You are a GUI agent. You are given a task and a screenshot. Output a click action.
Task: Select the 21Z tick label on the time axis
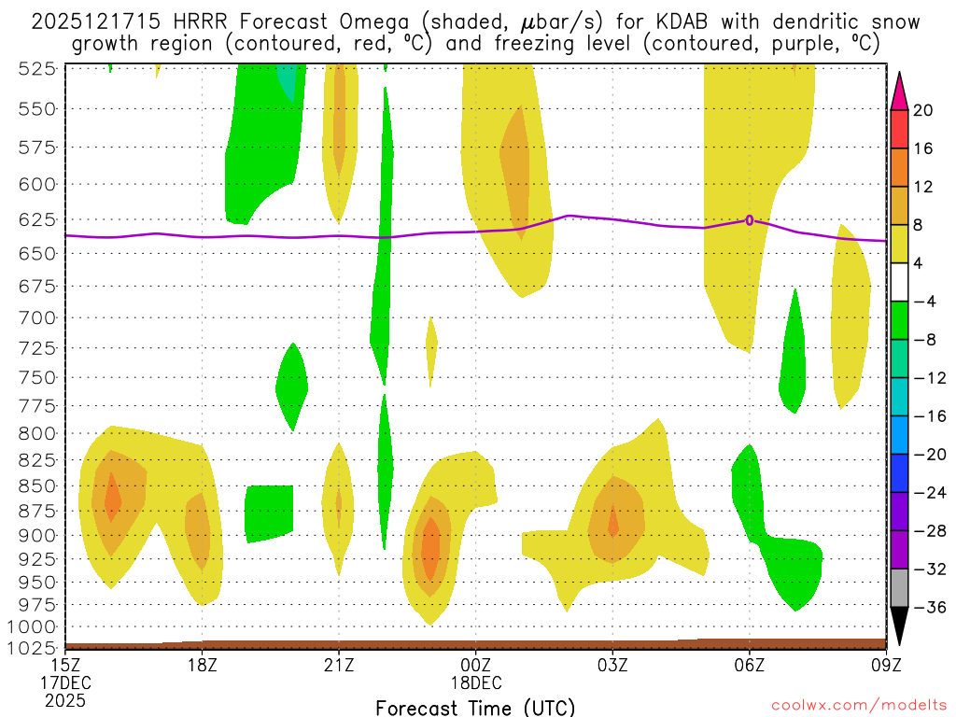click(x=339, y=665)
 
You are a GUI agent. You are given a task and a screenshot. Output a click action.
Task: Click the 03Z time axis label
click(x=612, y=665)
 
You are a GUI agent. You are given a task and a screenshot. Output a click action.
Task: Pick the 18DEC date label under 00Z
click(x=476, y=682)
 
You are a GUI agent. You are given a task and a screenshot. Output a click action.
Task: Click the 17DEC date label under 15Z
click(x=64, y=682)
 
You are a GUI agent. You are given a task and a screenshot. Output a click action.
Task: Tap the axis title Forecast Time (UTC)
click(x=475, y=707)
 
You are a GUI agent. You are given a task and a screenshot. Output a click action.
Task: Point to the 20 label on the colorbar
click(x=923, y=110)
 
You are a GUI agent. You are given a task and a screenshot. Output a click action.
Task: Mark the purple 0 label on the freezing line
click(x=750, y=220)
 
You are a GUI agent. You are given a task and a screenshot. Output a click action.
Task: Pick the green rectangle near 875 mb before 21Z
click(x=269, y=513)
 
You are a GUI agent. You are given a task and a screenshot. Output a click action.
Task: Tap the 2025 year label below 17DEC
click(x=64, y=700)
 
